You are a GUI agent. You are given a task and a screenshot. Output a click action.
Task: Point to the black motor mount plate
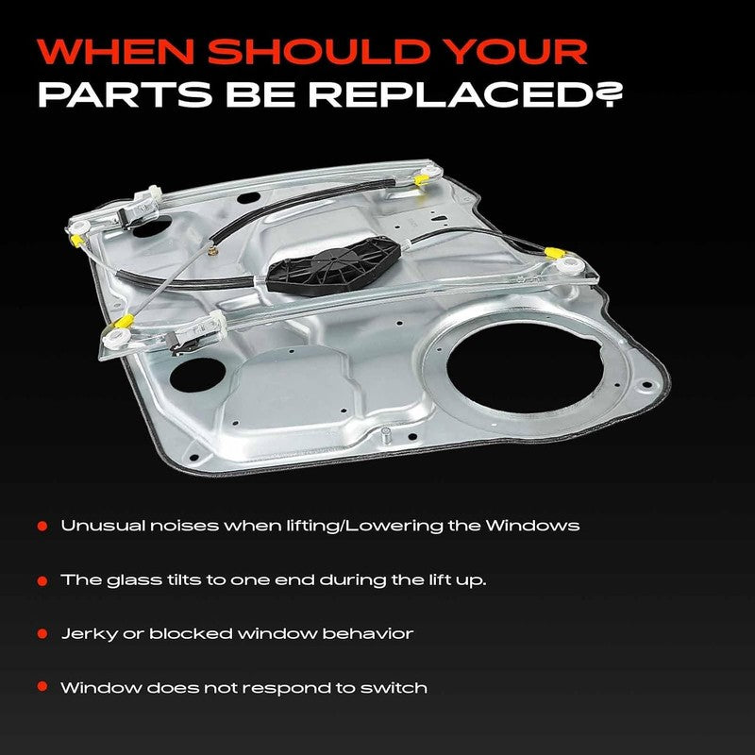(x=334, y=266)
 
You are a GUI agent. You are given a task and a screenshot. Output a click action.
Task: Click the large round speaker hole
(x=526, y=368)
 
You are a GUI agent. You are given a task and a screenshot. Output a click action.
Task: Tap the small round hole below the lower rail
(x=198, y=375)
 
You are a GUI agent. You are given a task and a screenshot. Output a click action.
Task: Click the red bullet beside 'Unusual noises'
(x=42, y=526)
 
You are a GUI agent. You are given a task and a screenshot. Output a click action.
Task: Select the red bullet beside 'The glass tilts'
(x=42, y=580)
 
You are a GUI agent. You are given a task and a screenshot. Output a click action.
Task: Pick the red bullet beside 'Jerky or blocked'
(x=42, y=633)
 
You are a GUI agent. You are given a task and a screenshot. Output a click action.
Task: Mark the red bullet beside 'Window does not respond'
(x=42, y=686)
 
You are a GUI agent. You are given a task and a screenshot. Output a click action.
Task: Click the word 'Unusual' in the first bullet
(x=103, y=526)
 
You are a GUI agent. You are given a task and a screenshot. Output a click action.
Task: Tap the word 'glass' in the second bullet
(x=134, y=580)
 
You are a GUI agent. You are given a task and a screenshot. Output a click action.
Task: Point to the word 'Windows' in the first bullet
(x=532, y=526)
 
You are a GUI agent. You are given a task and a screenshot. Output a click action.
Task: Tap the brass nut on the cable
(x=213, y=250)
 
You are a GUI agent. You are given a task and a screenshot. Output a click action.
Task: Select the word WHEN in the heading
(x=116, y=51)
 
